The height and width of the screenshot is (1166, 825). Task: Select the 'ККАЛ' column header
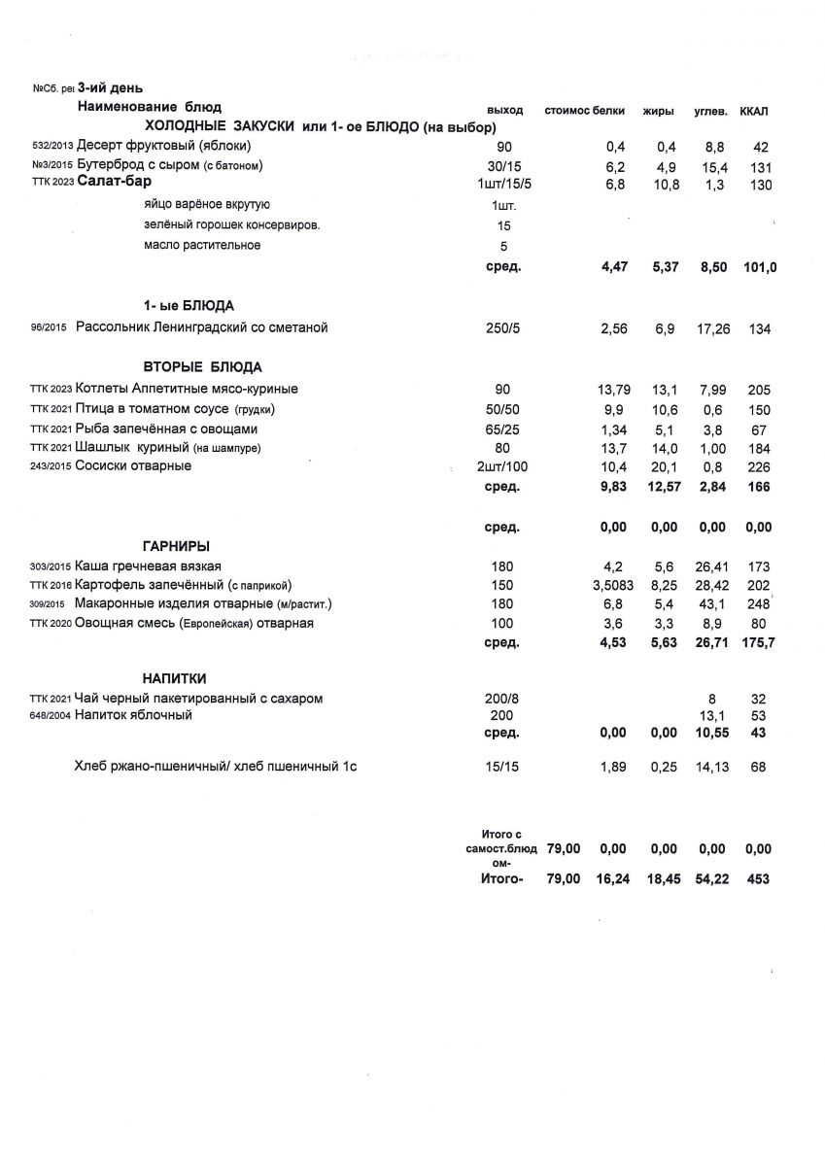(754, 110)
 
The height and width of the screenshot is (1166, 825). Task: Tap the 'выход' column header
(504, 110)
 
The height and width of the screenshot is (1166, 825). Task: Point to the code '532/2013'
(52, 147)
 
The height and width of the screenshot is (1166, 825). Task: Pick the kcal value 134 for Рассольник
(759, 329)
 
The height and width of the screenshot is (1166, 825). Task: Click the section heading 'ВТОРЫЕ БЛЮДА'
(203, 367)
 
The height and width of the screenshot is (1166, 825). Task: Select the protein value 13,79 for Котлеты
(613, 390)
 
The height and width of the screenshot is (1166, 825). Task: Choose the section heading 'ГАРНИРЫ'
(177, 546)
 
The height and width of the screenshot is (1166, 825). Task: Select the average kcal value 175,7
(759, 642)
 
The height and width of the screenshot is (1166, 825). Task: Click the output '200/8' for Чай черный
(501, 698)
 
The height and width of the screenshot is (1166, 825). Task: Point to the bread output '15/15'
(502, 768)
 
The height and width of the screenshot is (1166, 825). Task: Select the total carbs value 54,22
(711, 878)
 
